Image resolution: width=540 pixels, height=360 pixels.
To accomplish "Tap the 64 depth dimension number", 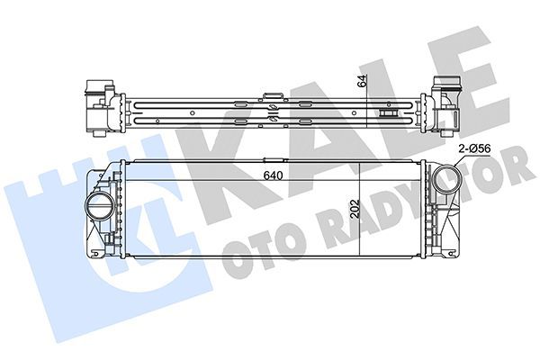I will click(361, 80).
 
